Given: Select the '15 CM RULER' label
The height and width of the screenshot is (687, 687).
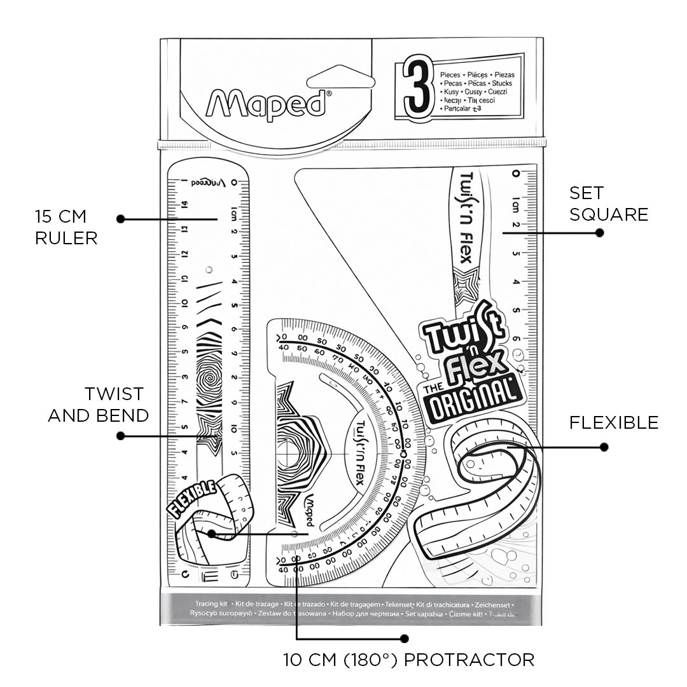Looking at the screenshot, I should pyautogui.click(x=66, y=226).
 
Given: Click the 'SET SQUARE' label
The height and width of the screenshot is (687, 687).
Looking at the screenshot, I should pyautogui.click(x=608, y=204).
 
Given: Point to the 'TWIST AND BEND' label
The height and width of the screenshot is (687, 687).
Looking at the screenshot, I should pyautogui.click(x=98, y=405).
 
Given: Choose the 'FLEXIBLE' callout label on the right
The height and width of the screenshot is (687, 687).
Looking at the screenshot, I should pyautogui.click(x=613, y=422).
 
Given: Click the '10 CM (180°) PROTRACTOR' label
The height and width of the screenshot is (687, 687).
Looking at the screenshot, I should pyautogui.click(x=408, y=660).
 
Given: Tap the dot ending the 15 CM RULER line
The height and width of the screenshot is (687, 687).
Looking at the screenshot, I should pyautogui.click(x=120, y=219).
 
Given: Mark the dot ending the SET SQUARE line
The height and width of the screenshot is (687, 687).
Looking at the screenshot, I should pyautogui.click(x=599, y=233).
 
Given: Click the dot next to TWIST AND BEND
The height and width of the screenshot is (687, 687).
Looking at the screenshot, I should pyautogui.click(x=120, y=436).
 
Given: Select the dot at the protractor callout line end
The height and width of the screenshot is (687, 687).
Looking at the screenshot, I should pyautogui.click(x=403, y=637).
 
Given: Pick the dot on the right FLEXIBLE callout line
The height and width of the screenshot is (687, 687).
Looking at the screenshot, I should pyautogui.click(x=604, y=447).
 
